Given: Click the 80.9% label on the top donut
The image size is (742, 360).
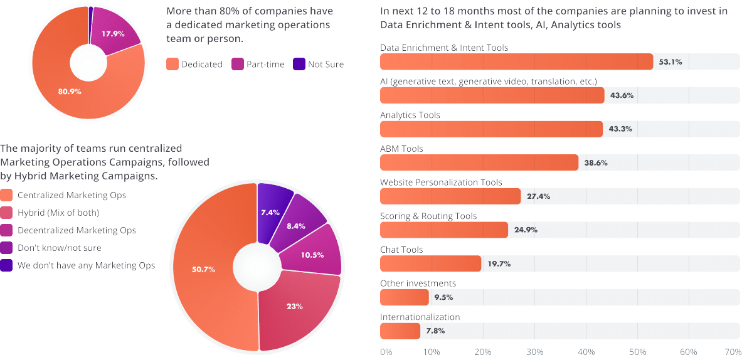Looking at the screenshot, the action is pos(70,92).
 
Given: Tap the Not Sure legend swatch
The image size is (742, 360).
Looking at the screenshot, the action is pos(299,64).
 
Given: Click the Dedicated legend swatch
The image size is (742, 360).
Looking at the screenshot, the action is pos(172,64).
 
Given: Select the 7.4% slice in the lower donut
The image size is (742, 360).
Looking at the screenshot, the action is pos(273,208).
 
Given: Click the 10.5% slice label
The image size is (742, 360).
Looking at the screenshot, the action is pos(312,255).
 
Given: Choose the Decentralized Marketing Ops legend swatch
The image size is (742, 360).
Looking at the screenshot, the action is pos(7,230).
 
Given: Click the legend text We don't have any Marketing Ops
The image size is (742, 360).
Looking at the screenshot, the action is pos(86,265).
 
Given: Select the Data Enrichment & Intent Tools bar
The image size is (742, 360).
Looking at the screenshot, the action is pos(517,61).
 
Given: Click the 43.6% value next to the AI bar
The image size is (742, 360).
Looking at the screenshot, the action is pos(622,95).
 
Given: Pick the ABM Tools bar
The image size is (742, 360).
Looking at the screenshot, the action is pos(479,162).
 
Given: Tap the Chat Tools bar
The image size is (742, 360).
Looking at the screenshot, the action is pos(431,263).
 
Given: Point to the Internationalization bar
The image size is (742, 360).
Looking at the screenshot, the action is pos(400,331).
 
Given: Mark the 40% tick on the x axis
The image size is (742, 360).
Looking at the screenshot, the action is pos(586,352).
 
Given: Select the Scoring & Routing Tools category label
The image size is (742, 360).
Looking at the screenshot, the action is pos(428,216).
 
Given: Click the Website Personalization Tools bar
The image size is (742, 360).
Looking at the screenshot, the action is pos(450,196).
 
